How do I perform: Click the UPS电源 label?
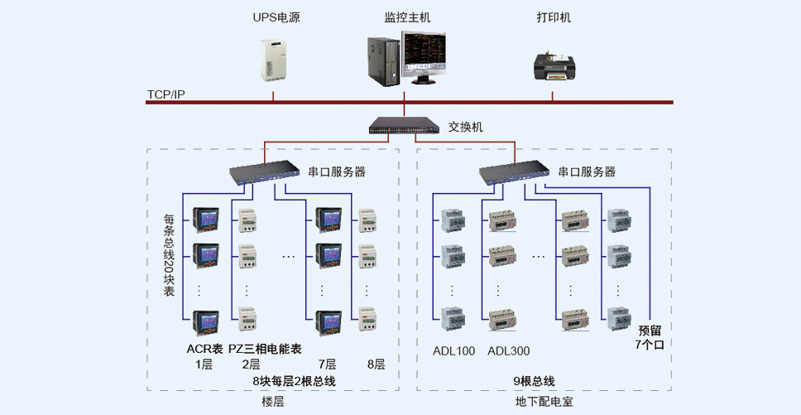[x=276, y=17]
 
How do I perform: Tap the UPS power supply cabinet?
[x=273, y=60]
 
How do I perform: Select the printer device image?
[x=554, y=65]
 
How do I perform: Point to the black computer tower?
[x=383, y=60]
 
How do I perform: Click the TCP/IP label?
[x=166, y=94]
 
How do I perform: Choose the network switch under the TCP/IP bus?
[x=404, y=125]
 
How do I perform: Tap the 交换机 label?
[x=465, y=127]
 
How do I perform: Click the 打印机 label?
[x=554, y=17]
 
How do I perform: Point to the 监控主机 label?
[x=407, y=17]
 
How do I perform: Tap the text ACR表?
[x=205, y=349]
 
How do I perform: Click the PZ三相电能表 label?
[x=265, y=349]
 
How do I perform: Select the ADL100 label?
[x=453, y=351]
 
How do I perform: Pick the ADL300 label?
[x=508, y=351]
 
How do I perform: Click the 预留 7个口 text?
[x=650, y=337]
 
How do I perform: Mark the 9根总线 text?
[x=534, y=381]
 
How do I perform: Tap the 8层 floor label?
[x=376, y=364]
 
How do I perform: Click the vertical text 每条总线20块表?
[x=169, y=254]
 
